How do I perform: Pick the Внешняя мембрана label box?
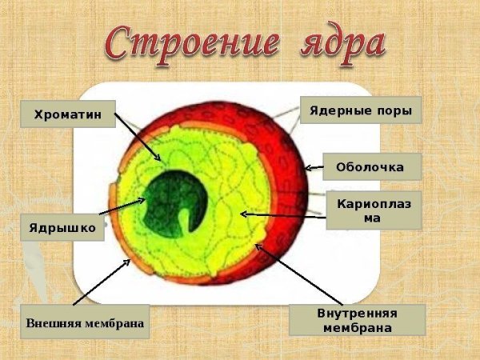pos(85,323)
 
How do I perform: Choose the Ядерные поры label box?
pos(361,110)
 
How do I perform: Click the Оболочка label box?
pos(369,167)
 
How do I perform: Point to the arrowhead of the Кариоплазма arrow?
pos(243,214)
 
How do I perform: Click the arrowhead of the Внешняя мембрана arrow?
pos(127,259)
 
